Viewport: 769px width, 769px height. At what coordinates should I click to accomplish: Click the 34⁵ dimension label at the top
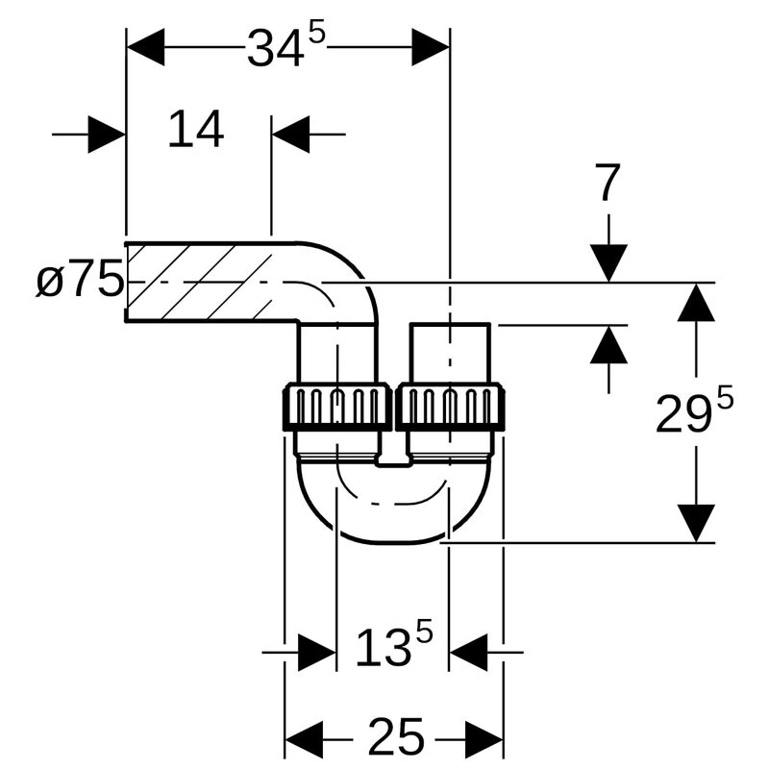point(285,46)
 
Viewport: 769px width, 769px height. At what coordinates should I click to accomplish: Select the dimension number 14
point(195,131)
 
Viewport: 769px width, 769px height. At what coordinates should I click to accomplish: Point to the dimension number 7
point(608,184)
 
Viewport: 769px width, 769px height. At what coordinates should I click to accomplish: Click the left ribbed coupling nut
point(335,407)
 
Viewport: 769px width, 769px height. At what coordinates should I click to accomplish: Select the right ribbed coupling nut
point(450,407)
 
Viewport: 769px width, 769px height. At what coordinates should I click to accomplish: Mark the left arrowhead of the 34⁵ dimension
point(145,46)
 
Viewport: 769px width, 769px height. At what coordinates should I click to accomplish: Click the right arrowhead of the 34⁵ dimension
point(431,46)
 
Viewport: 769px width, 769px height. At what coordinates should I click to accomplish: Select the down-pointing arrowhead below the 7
point(608,262)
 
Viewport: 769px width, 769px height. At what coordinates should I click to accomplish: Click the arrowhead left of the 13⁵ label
point(316,653)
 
